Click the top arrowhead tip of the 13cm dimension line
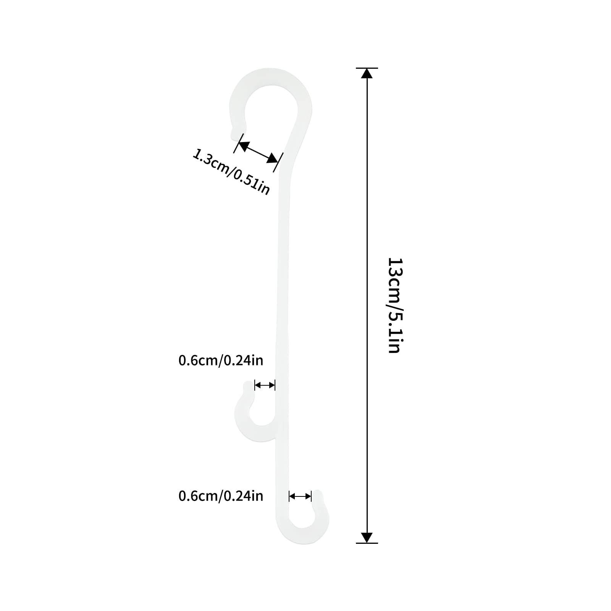(367, 68)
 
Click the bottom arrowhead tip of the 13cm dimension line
(367, 543)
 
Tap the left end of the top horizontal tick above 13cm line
(356, 68)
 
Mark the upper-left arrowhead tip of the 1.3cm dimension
(239, 142)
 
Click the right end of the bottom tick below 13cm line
(378, 543)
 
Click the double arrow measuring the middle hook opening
(265, 385)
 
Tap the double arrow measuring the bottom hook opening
(300, 496)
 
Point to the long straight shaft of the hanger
(283, 305)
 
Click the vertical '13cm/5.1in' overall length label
(394, 305)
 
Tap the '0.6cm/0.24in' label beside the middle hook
(221, 360)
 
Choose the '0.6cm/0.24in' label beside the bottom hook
(221, 496)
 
